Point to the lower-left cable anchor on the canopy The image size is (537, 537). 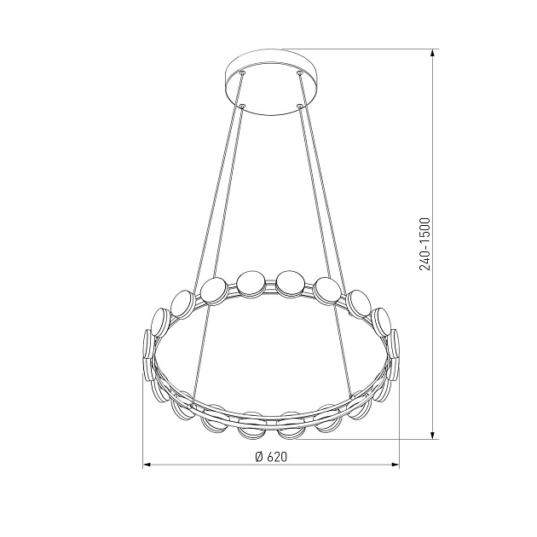pyautogui.click(x=242, y=107)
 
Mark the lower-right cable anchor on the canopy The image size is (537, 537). pyautogui.click(x=299, y=107)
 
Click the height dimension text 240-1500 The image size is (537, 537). pyautogui.click(x=424, y=244)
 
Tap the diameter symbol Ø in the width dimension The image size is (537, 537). pyautogui.click(x=257, y=456)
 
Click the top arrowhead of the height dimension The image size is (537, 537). pyautogui.click(x=435, y=53)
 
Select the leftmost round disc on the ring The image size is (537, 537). pyautogui.click(x=149, y=349)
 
